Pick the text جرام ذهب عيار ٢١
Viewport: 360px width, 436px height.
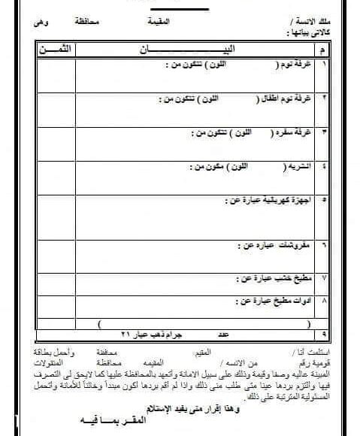(139, 332)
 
